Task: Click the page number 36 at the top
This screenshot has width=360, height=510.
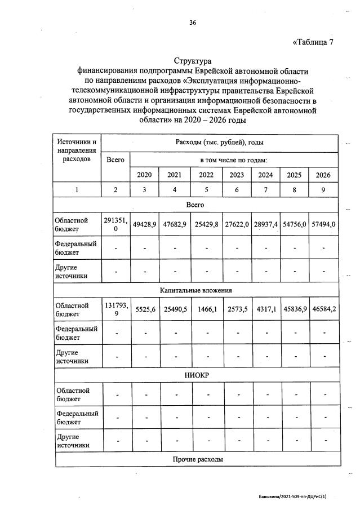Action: pos(193,23)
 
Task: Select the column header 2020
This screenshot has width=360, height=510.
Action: pos(144,175)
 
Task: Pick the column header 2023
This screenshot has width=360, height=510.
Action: pos(237,175)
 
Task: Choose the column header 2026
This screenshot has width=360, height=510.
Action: pos(323,175)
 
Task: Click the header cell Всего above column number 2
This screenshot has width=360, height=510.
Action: pos(115,159)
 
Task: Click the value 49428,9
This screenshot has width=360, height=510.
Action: pos(144,224)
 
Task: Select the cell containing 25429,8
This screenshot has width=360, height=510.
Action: pos(206,224)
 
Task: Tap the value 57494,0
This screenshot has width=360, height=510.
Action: pos(323,224)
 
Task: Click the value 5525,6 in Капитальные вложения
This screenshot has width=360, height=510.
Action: pos(144,309)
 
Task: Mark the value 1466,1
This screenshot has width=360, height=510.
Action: pos(206,309)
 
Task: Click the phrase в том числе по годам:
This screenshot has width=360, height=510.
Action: pos(233,159)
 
